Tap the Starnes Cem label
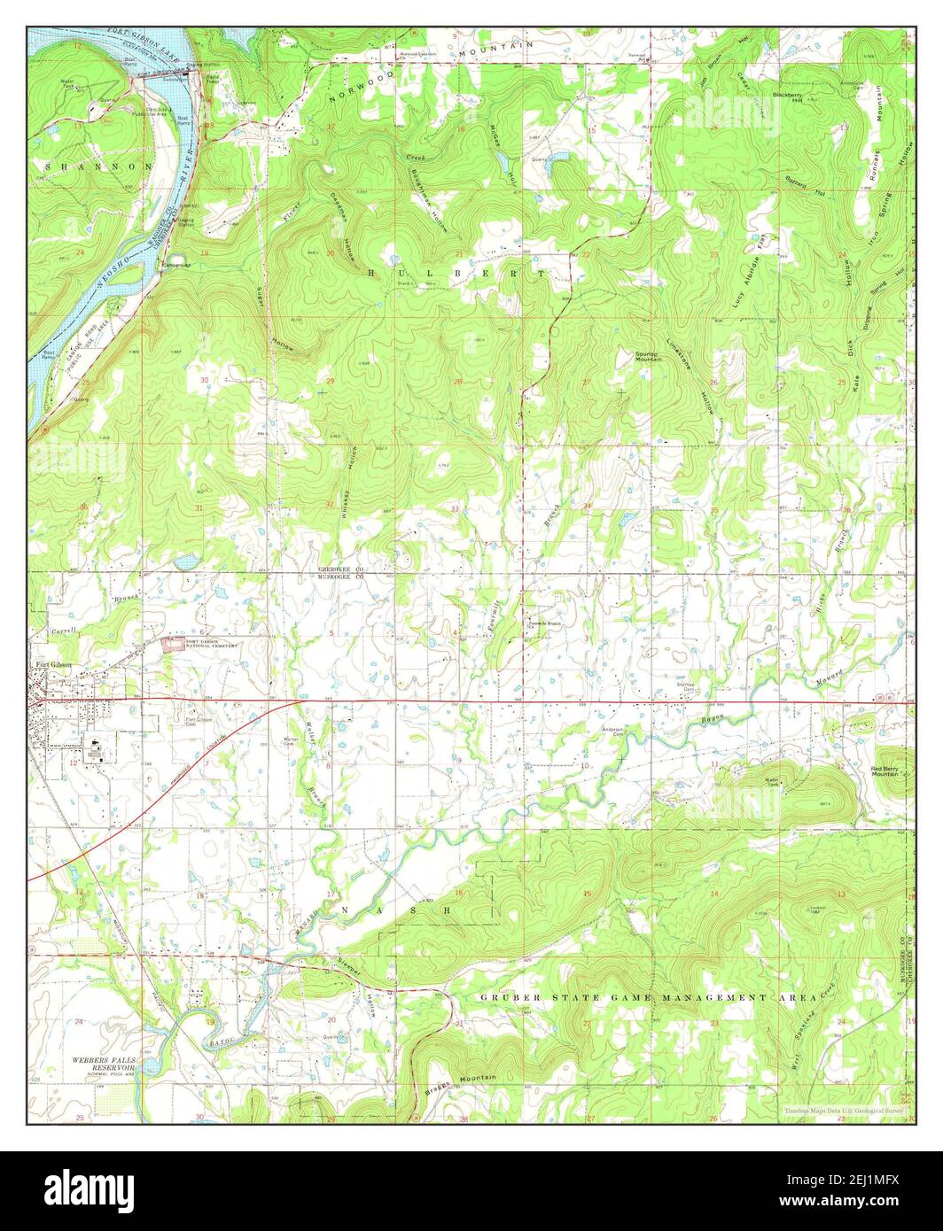click(x=685, y=686)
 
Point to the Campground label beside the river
click(x=173, y=265)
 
